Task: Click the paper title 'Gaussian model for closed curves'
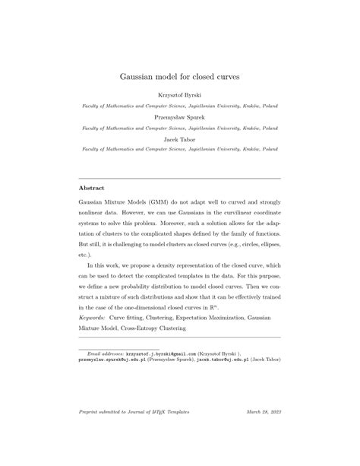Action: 180,76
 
